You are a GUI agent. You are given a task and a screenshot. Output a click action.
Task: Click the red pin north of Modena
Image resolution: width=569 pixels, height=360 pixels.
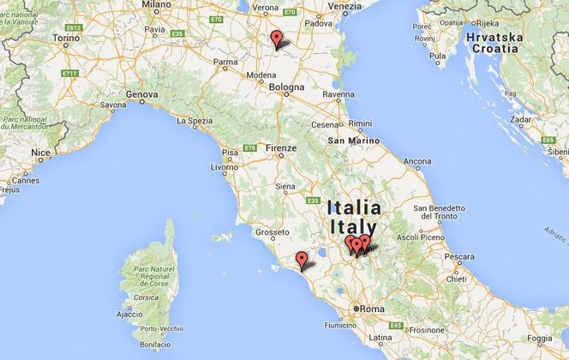tap(276, 39)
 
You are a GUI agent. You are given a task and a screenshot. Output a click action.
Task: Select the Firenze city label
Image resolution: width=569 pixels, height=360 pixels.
tap(280, 147)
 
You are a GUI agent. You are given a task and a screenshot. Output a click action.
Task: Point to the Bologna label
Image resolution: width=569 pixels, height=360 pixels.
tap(287, 87)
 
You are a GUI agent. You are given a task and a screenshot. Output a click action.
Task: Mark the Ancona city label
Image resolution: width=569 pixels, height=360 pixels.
tap(417, 161)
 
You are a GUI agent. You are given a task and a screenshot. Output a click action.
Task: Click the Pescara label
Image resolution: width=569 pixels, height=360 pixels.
tap(461, 256)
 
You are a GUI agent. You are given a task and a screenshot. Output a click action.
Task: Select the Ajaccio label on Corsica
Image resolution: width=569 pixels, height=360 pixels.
tap(129, 315)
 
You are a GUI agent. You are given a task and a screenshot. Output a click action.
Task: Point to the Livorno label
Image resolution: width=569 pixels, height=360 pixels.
tap(224, 168)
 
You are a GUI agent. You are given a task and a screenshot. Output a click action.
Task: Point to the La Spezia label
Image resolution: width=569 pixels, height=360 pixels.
tap(195, 121)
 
